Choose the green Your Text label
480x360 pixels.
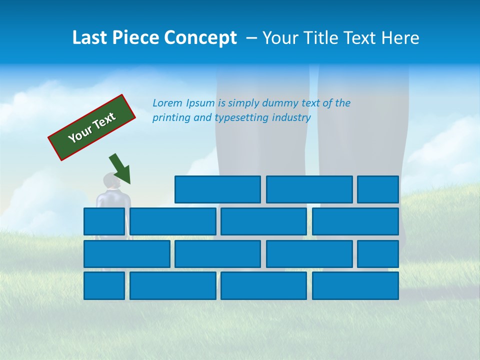(x=92, y=127)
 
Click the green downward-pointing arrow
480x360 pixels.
(x=120, y=168)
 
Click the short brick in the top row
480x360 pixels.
(x=378, y=189)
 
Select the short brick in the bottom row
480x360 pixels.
(x=104, y=285)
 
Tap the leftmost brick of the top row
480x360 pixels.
(x=217, y=189)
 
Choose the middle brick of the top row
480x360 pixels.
(x=309, y=189)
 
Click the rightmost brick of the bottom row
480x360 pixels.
(x=355, y=285)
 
